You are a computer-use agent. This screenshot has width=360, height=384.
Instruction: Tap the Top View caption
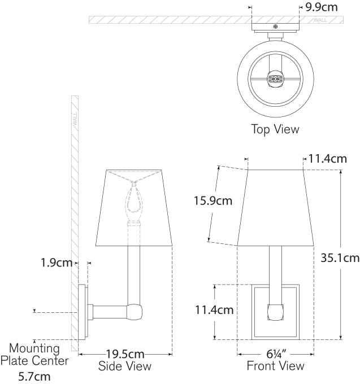275,129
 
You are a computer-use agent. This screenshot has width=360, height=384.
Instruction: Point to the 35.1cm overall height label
340,258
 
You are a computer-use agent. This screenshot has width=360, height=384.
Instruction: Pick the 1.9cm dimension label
57,262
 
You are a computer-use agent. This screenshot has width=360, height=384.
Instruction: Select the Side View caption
125,366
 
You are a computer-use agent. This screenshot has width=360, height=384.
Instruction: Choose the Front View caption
275,366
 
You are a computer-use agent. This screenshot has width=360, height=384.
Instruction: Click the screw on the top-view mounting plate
275,27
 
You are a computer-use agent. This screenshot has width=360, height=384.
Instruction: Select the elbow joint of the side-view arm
135,311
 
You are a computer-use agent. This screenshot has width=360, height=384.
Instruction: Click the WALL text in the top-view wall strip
320,20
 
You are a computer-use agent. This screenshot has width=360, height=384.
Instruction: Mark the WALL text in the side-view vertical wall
74,119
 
